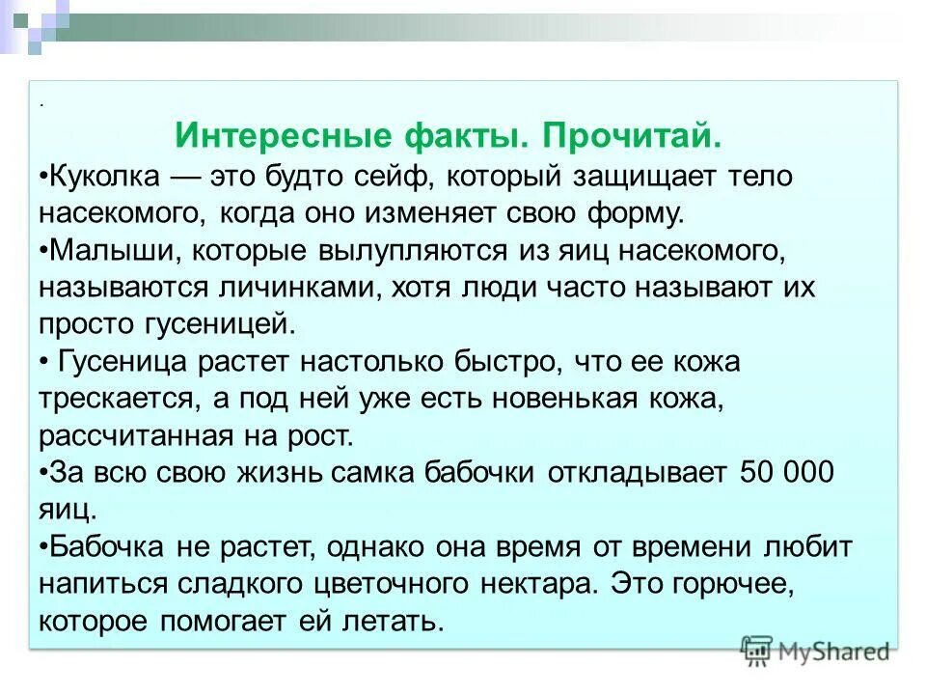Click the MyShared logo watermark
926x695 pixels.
(816, 651)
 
